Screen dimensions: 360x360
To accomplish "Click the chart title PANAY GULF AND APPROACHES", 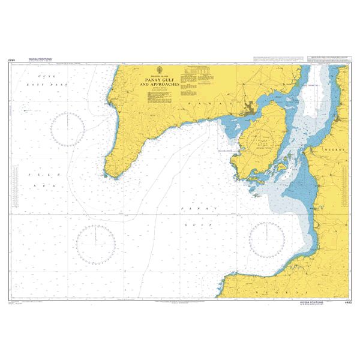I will pos(160,83).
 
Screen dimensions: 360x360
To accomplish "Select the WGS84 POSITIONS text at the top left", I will pos(41,59).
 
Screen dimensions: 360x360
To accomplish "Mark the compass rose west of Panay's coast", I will pos(67,130).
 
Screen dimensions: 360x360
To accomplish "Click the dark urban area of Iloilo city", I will pos(247,110).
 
